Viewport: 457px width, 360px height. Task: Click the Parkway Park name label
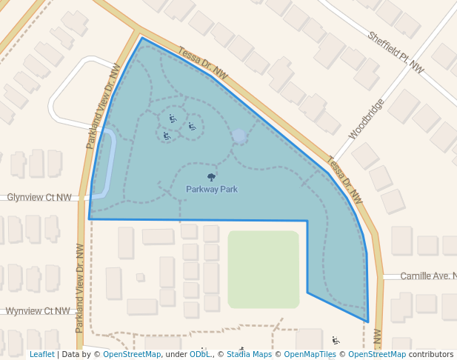[x=212, y=190]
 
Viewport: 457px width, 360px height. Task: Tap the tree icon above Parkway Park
[x=212, y=178]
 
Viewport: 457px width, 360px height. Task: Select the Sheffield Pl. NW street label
[x=396, y=52]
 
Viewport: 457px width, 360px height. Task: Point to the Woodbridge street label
[x=367, y=119]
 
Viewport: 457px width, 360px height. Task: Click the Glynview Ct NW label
[x=39, y=198]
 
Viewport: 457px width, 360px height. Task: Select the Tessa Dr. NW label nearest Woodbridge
[x=345, y=181]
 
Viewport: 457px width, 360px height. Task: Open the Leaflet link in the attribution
[x=41, y=354]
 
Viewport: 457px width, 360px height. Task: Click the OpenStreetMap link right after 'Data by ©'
[x=132, y=354]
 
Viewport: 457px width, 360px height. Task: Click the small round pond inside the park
[x=238, y=137]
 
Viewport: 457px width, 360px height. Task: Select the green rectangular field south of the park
[x=263, y=269]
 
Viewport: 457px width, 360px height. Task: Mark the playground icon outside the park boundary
[x=336, y=341]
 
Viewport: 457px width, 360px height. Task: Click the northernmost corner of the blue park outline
[x=141, y=38]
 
